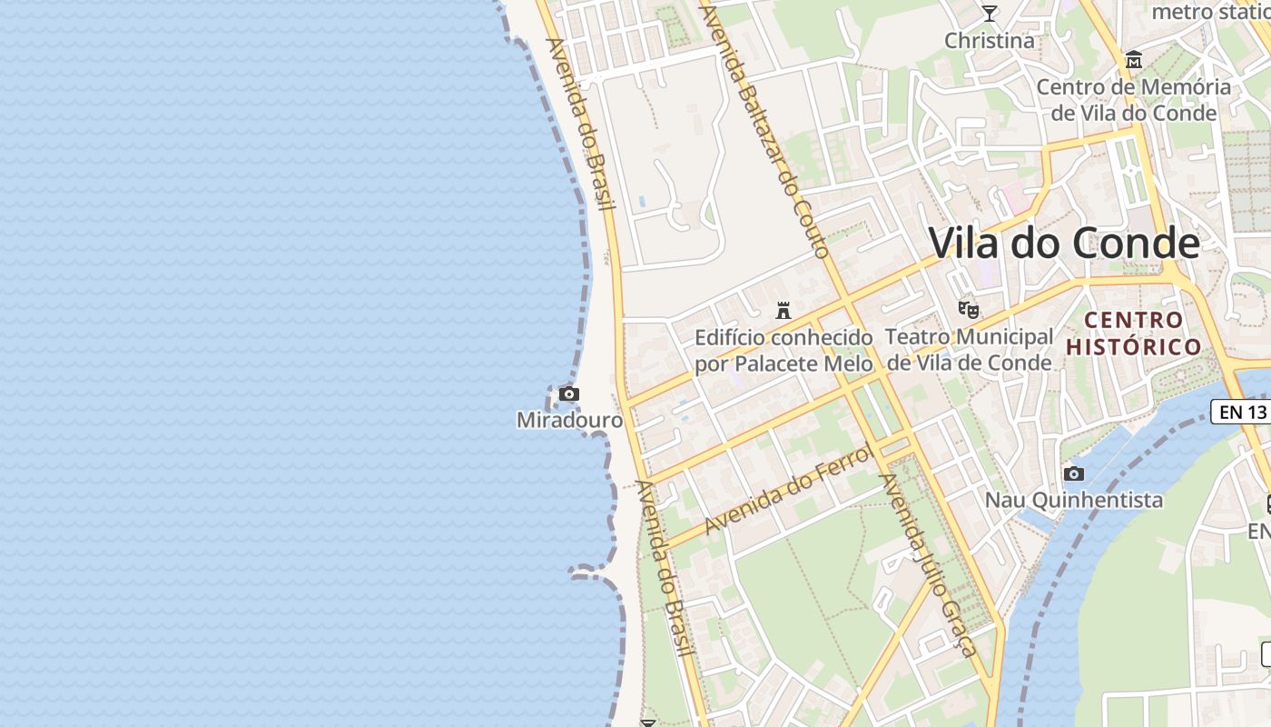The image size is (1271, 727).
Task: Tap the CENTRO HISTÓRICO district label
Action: tap(1134, 334)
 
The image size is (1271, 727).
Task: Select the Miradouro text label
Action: tap(569, 420)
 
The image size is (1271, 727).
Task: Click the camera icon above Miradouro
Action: tap(569, 393)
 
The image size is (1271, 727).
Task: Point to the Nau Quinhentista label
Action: tap(1074, 500)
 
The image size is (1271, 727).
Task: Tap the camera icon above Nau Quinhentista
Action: tap(1074, 473)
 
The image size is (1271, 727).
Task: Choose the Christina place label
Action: tap(989, 41)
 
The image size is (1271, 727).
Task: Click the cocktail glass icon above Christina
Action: tap(989, 14)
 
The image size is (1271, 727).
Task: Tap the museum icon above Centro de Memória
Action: tap(1134, 61)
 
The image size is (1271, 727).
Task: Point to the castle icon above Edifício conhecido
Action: tap(783, 311)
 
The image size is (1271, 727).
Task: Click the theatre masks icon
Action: tap(969, 310)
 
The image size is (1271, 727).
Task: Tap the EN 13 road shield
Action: tap(1242, 412)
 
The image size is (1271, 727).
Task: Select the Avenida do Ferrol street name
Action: tap(787, 489)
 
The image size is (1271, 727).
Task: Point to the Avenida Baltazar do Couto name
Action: tap(767, 127)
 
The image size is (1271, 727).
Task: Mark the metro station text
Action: tap(1210, 12)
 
